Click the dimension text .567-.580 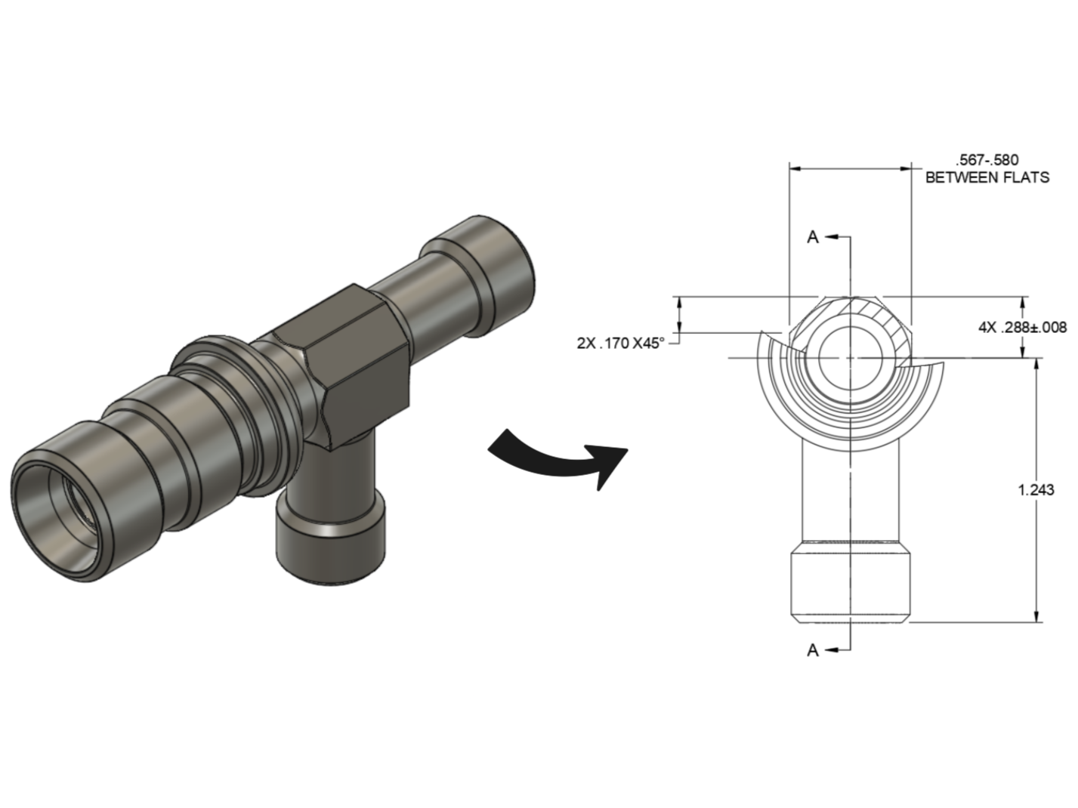pyautogui.click(x=987, y=160)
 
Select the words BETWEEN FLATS pyautogui.click(x=987, y=178)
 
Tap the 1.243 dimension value pyautogui.click(x=1036, y=490)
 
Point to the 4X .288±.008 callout pyautogui.click(x=1022, y=327)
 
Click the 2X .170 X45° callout pyautogui.click(x=620, y=343)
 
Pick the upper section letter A pyautogui.click(x=813, y=237)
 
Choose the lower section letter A pyautogui.click(x=813, y=649)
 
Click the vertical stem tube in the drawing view pyautogui.click(x=850, y=491)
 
